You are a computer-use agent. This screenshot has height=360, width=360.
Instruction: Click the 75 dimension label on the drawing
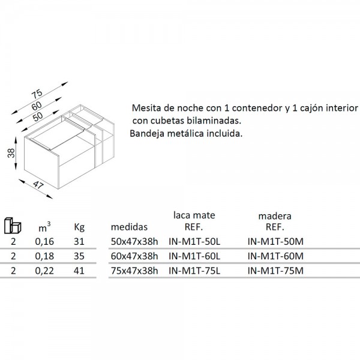tap(37, 94)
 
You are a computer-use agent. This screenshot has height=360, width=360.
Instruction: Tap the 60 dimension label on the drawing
tap(37, 106)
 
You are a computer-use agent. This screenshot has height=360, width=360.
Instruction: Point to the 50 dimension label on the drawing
tap(38, 116)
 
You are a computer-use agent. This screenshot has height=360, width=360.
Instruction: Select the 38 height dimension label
tap(11, 153)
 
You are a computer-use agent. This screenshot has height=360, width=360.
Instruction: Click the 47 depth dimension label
tap(38, 185)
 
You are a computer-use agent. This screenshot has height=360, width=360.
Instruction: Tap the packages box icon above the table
tap(13, 225)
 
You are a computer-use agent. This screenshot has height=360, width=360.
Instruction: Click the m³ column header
tap(44, 227)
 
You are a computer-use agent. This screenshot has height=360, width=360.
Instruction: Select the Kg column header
tap(79, 227)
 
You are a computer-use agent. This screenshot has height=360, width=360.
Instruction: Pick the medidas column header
tap(129, 227)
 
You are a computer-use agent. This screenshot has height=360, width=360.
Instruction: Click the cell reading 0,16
tap(44, 242)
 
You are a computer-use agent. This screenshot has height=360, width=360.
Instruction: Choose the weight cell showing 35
tap(79, 256)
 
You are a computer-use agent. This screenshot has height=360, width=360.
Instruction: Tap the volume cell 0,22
tap(44, 271)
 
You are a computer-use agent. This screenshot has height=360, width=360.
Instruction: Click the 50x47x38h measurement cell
tap(134, 242)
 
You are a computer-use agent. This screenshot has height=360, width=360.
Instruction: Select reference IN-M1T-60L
tap(194, 256)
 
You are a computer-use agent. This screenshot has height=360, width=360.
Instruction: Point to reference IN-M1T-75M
tap(275, 271)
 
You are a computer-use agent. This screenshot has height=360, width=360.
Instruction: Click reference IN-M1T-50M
tap(275, 242)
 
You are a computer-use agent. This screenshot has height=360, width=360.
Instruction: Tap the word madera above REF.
tap(275, 216)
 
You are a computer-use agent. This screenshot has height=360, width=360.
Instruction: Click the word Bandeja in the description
tap(147, 133)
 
